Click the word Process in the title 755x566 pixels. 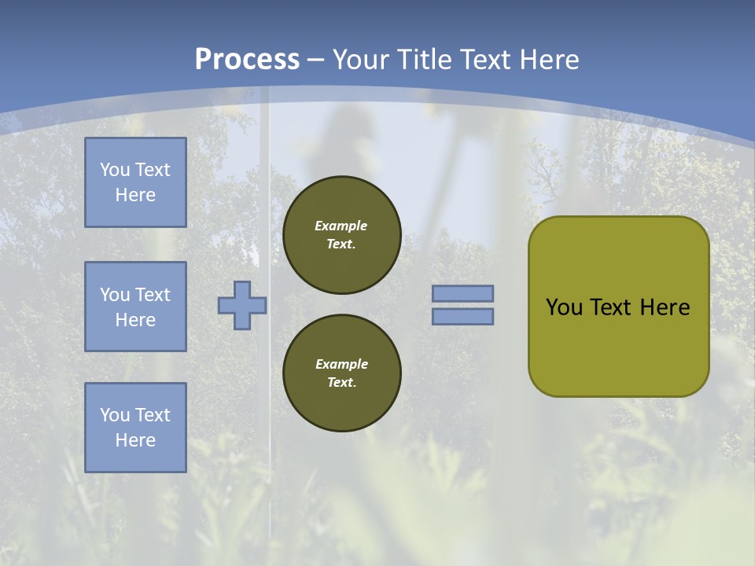point(247,60)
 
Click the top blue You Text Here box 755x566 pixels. point(135,182)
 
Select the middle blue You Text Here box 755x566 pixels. point(135,307)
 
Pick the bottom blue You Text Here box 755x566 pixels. point(135,428)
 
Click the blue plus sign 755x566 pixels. point(242,305)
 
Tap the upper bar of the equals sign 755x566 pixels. point(462,293)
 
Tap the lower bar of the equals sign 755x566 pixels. point(462,316)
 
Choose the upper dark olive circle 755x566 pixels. point(342,235)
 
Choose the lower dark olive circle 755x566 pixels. point(342,373)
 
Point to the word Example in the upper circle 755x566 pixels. point(341,226)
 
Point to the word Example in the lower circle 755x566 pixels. point(341,364)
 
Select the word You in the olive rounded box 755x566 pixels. point(564,307)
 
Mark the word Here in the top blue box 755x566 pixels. point(135,195)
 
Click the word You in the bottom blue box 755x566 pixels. point(115,415)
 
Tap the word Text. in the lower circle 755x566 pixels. point(341,383)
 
